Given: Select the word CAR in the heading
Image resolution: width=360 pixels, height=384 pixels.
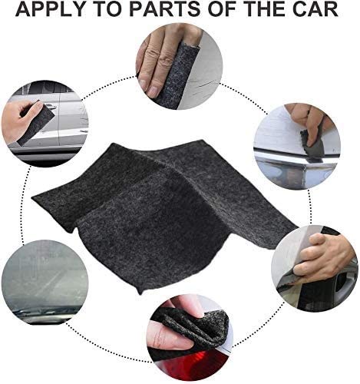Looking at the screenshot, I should [320, 11].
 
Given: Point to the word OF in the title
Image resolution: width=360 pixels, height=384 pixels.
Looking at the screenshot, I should [220, 11].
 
